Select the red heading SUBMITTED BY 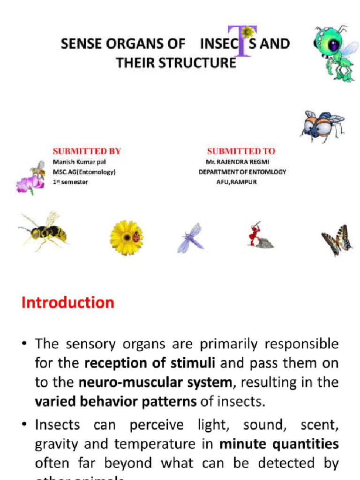pyautogui.click(x=87, y=151)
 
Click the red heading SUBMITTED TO pyautogui.click(x=241, y=151)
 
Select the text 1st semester pyautogui.click(x=70, y=182)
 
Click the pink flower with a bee pyautogui.click(x=31, y=178)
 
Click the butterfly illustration pyautogui.click(x=337, y=240)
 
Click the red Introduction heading pyautogui.click(x=68, y=303)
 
